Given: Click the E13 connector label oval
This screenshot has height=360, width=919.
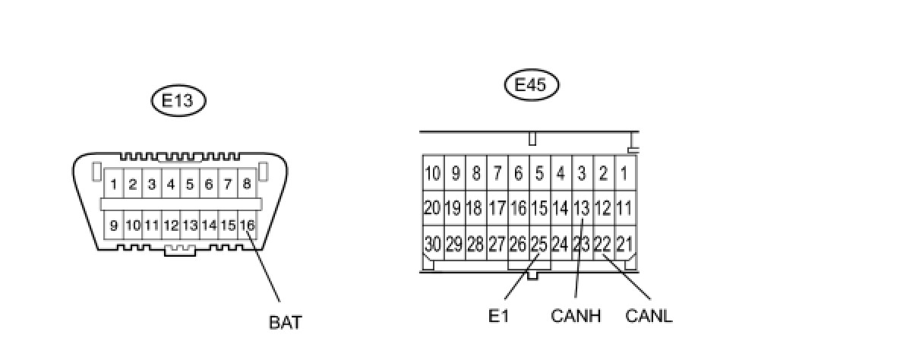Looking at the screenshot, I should coord(178,101).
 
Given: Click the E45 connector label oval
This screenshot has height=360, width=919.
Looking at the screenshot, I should coord(531,85).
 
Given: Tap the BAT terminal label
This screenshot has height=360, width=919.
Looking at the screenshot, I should coord(285,322).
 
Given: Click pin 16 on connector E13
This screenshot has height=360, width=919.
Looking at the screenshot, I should coord(247,225).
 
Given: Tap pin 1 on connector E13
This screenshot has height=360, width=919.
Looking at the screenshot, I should coord(113,184).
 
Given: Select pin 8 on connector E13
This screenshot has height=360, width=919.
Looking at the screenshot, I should coord(247,184).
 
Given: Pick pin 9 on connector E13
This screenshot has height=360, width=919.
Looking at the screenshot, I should coord(113,225).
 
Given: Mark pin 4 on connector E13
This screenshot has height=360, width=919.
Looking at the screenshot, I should coord(171,184).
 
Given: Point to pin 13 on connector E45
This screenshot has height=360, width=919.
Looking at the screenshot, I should coord(581,208).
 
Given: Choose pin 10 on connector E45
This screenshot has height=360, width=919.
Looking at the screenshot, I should coord(432,173).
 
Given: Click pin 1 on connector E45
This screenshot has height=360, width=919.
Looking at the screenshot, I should coord(624,173).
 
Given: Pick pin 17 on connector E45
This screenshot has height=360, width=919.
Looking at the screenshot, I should coord(497,208).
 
